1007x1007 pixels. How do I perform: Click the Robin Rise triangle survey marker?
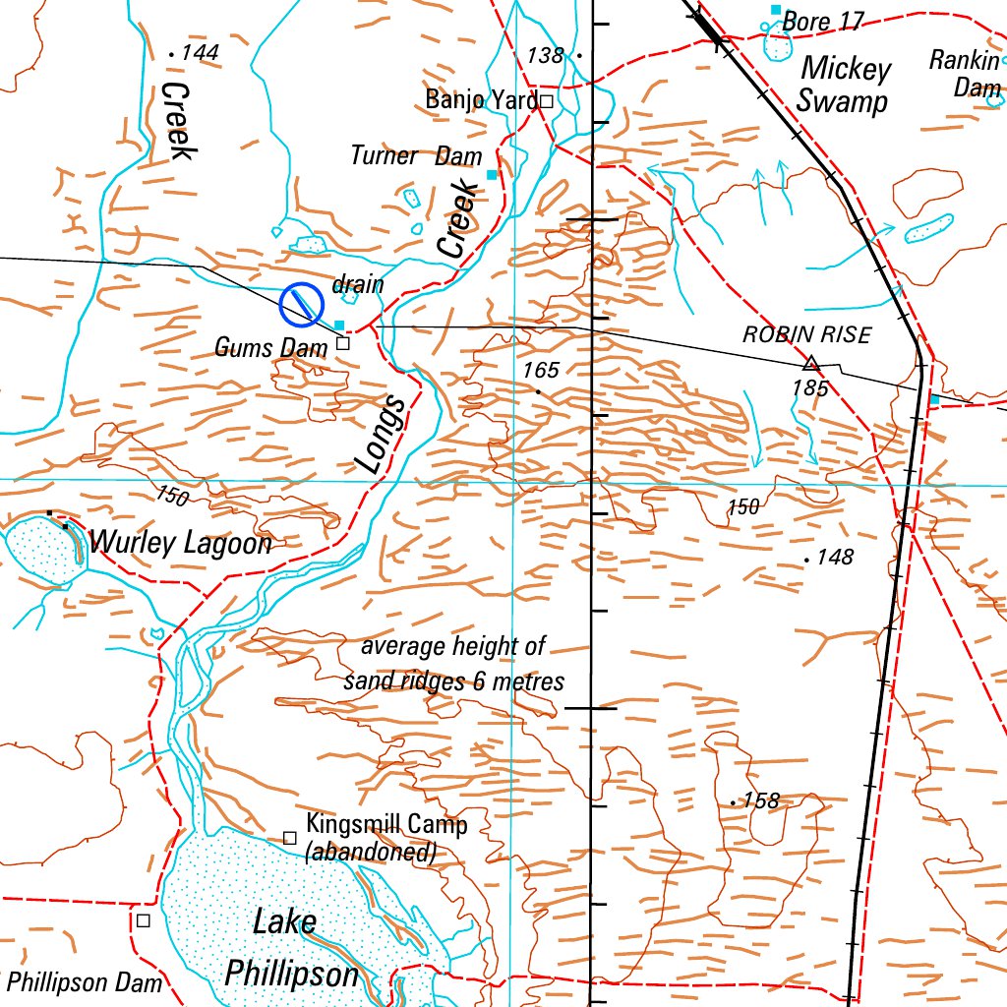pyautogui.click(x=811, y=363)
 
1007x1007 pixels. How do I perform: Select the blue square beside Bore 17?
pyautogui.click(x=776, y=10)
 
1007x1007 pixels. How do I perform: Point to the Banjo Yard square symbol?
pyautogui.click(x=546, y=100)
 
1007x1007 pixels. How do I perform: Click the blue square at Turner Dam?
pyautogui.click(x=492, y=175)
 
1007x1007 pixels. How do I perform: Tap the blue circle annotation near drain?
pyautogui.click(x=302, y=305)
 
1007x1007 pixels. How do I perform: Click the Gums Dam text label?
pyautogui.click(x=270, y=347)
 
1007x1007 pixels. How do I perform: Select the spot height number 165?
pyautogui.click(x=541, y=371)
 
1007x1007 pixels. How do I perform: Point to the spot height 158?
pyautogui.click(x=761, y=800)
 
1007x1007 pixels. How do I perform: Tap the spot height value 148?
pyautogui.click(x=835, y=558)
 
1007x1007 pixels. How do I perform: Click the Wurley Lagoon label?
pyautogui.click(x=180, y=542)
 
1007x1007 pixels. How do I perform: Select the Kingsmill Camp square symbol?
pyautogui.click(x=290, y=837)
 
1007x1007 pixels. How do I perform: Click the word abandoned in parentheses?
pyautogui.click(x=372, y=852)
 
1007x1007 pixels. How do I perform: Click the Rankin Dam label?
pyautogui.click(x=966, y=74)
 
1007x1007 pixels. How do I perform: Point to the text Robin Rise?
pyautogui.click(x=806, y=334)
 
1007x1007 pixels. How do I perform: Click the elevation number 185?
pyautogui.click(x=810, y=388)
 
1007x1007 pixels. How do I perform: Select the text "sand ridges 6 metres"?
pyautogui.click(x=454, y=681)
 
